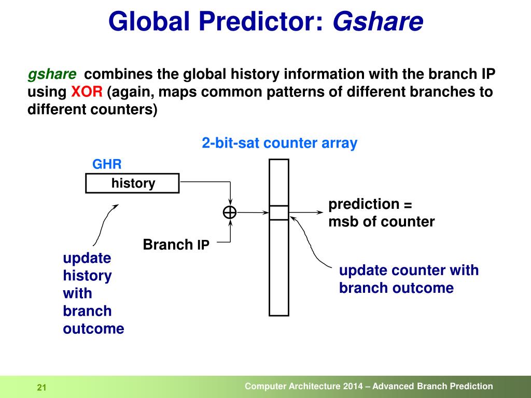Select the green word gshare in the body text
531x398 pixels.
click(x=52, y=75)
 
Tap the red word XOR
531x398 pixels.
click(x=87, y=92)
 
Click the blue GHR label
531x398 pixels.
click(x=107, y=164)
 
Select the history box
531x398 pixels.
click(x=132, y=183)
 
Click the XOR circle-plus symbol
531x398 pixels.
click(x=230, y=212)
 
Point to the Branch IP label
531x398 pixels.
click(x=176, y=245)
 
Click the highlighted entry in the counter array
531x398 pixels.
click(x=278, y=213)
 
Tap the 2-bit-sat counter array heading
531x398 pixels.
click(x=280, y=143)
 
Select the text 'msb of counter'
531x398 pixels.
click(x=381, y=222)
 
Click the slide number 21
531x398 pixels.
click(x=41, y=388)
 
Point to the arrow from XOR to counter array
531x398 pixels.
click(x=253, y=212)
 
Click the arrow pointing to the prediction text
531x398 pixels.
click(x=306, y=212)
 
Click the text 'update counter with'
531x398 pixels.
click(x=409, y=271)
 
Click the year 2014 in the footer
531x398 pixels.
click(x=353, y=387)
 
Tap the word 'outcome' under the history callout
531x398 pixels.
click(x=93, y=329)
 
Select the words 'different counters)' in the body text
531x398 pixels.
click(x=92, y=110)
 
